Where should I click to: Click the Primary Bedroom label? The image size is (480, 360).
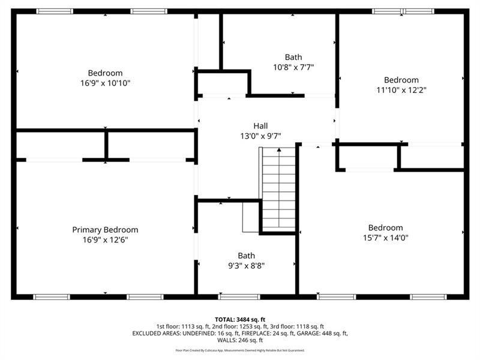coord(105,230)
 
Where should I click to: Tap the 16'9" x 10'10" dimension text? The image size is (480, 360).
coord(106,83)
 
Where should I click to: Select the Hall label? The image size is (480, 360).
coord(260,126)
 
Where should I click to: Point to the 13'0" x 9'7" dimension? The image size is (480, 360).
coord(260,136)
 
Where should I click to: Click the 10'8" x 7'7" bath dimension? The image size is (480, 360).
coord(293,67)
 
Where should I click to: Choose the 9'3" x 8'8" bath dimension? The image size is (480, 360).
coord(247,266)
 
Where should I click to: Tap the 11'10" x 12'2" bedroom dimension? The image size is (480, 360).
coord(401,90)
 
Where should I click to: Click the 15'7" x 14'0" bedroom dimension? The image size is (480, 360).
coord(386,238)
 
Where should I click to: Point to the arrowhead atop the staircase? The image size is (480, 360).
coord(279,149)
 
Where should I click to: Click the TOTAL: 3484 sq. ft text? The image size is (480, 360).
coord(240,320)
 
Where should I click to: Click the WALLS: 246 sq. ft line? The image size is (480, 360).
coord(240,340)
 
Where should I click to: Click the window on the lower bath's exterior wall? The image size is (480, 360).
coord(239,296)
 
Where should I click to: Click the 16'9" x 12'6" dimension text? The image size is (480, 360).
coord(106,240)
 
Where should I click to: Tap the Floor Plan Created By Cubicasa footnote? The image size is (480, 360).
coord(240,350)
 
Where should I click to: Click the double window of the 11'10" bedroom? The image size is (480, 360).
coord(403,11)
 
